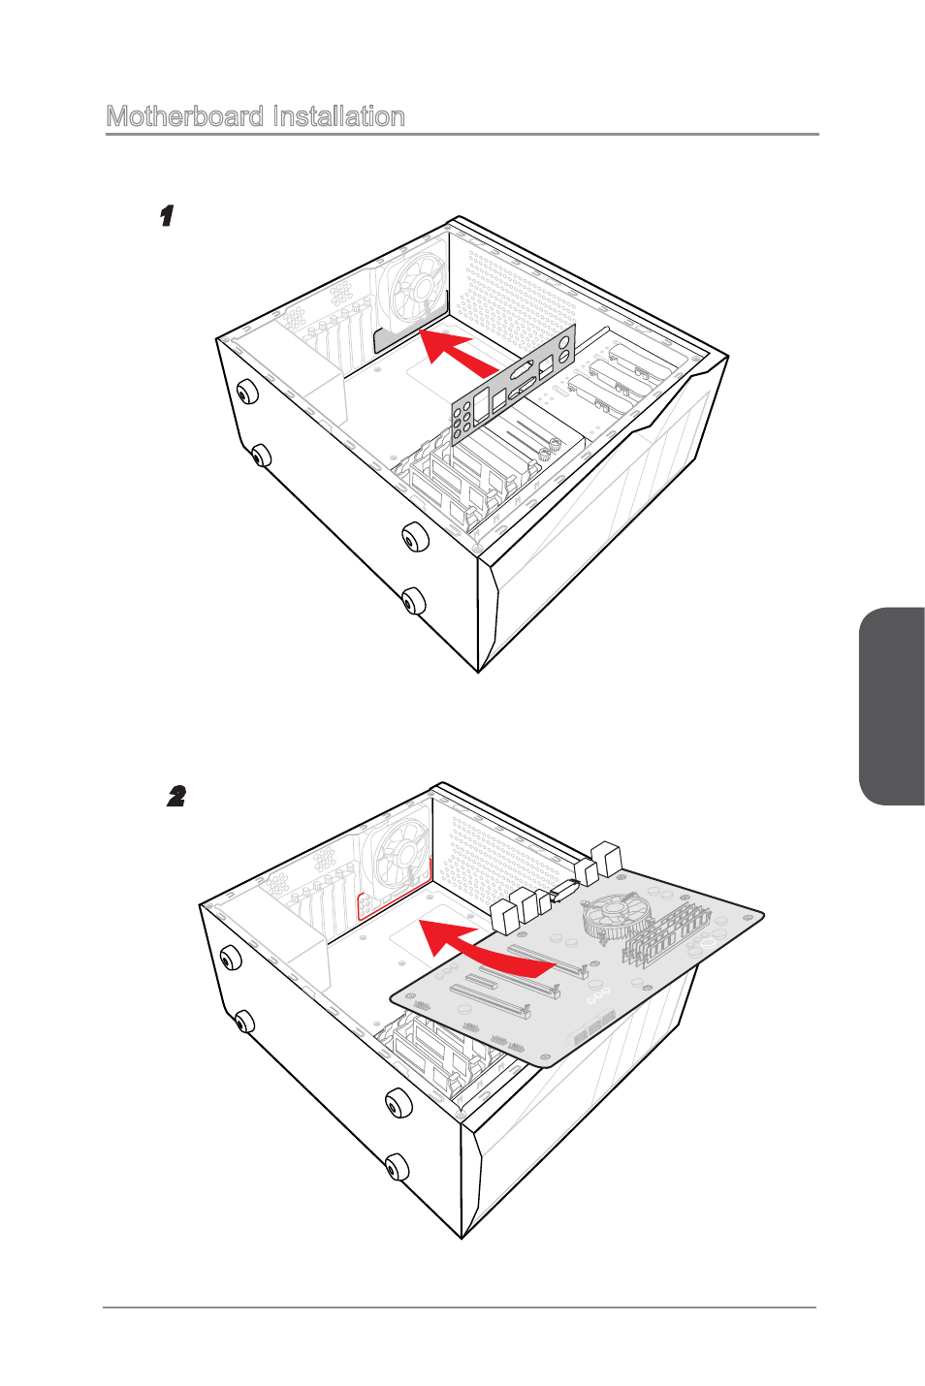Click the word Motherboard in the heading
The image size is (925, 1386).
(185, 116)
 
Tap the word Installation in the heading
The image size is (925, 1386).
(338, 116)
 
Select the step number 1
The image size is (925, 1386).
(167, 216)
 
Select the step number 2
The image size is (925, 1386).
(176, 797)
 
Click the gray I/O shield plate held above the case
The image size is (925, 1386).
(513, 385)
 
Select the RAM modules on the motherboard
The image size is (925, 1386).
(665, 934)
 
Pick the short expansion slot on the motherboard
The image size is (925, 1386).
(486, 981)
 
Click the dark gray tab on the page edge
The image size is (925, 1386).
(892, 706)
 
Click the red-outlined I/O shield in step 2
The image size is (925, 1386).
(393, 891)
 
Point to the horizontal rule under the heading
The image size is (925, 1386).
(462, 134)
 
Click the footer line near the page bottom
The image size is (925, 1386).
(460, 1307)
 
